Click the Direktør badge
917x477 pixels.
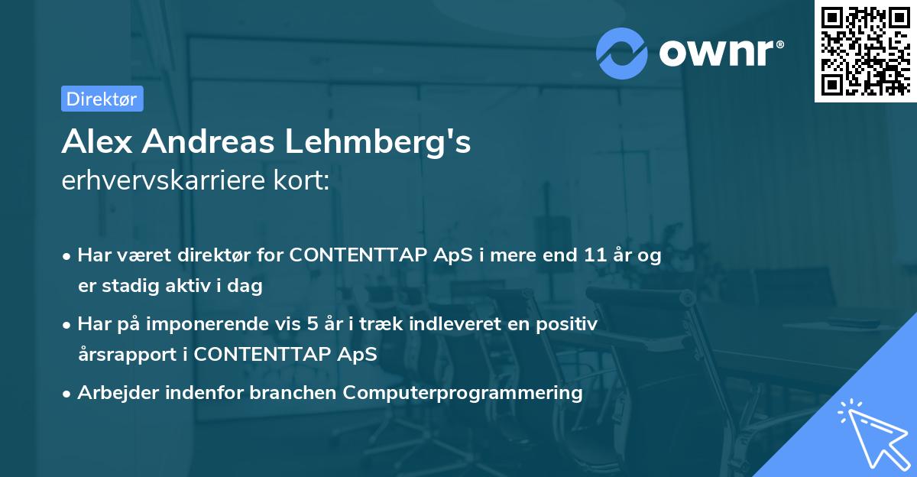point(102,99)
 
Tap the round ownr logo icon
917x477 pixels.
point(622,52)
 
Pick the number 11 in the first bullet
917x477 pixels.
point(596,255)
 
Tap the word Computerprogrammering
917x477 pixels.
point(462,393)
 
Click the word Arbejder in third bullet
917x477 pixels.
point(112,393)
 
